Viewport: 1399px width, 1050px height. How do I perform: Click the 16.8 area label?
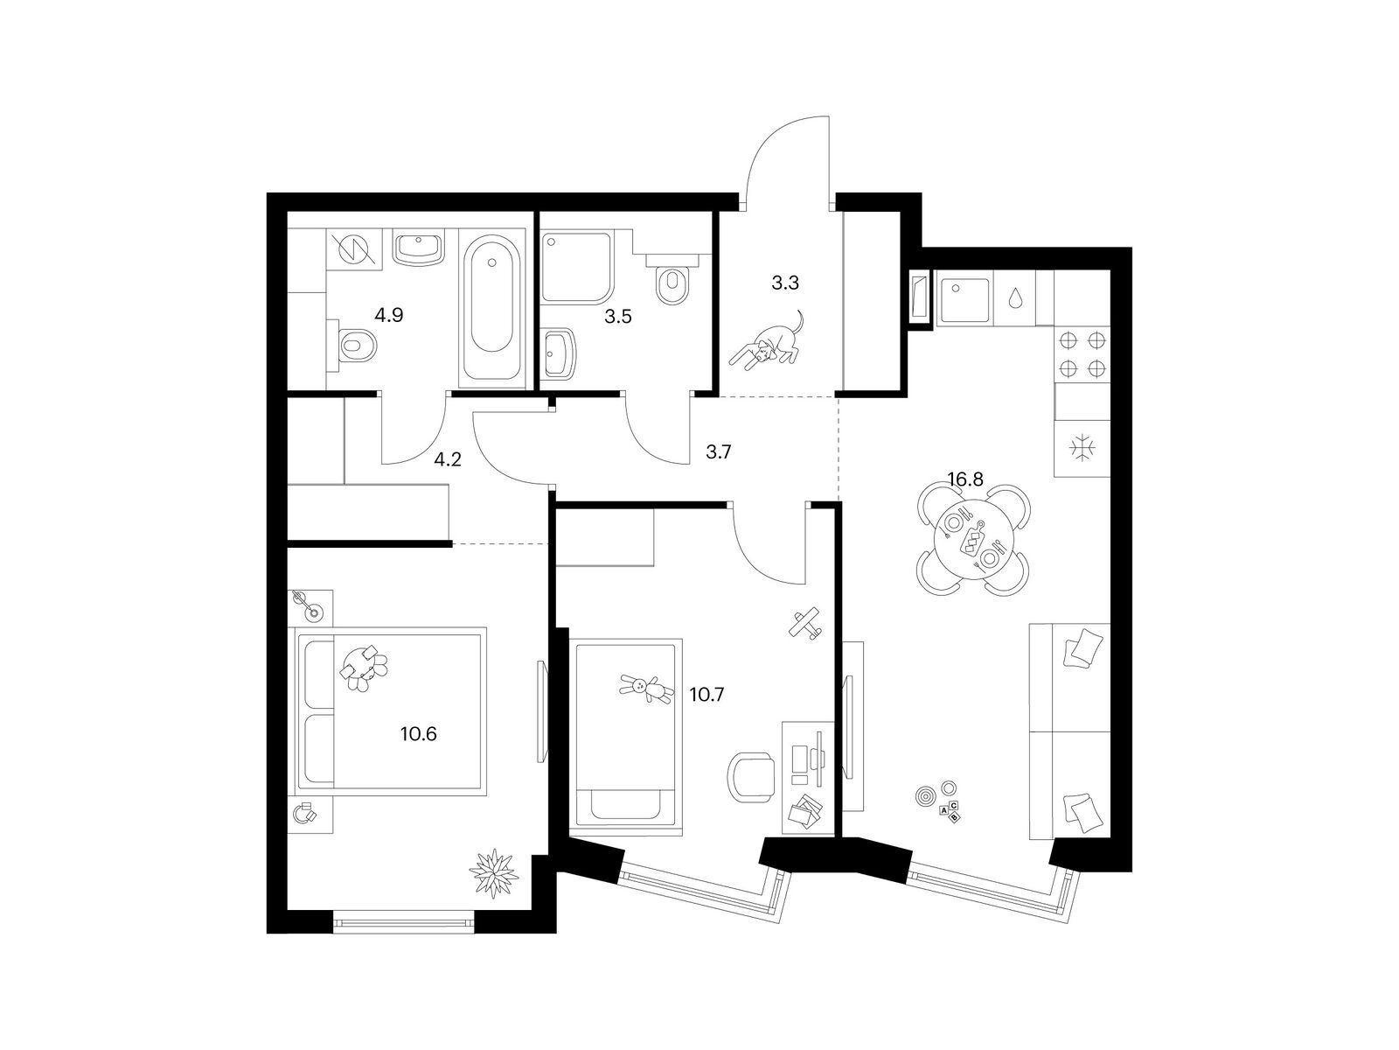[964, 479]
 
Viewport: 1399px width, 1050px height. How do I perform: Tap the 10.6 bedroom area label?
[418, 733]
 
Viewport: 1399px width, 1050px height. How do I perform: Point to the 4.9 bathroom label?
[388, 314]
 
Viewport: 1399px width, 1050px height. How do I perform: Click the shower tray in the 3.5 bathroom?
[577, 267]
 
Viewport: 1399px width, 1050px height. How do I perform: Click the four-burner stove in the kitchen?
[1082, 355]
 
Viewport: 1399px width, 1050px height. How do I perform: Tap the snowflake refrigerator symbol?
[1082, 449]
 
